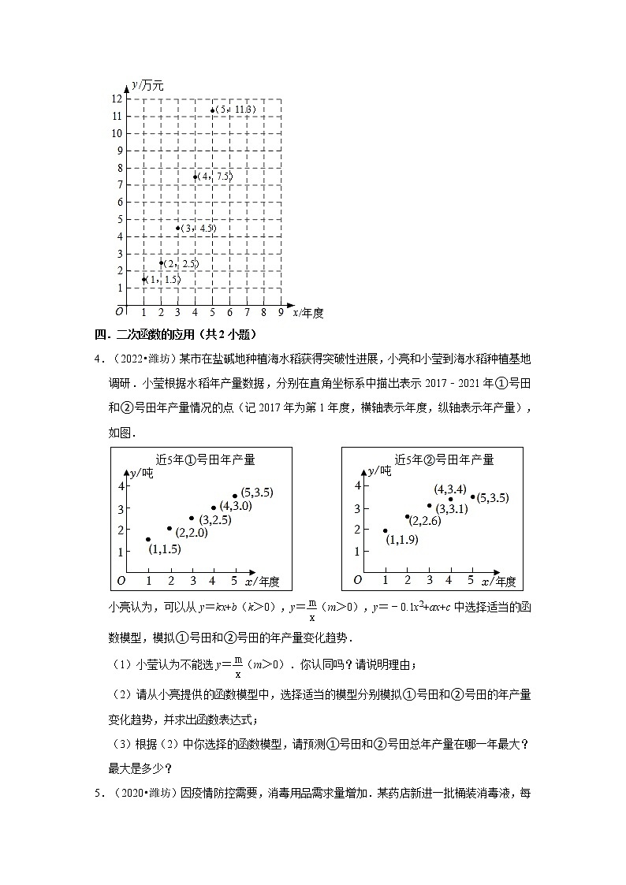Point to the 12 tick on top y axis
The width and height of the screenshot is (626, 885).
tap(116, 99)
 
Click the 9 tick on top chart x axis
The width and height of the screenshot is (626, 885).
tap(281, 313)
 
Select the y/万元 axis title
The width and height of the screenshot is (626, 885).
tap(147, 85)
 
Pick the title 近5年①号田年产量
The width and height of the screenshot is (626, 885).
tap(205, 459)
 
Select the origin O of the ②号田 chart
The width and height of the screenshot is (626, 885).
tap(357, 580)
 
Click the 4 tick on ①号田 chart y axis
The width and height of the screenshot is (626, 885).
tap(121, 485)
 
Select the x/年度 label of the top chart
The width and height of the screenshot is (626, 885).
tap(308, 313)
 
